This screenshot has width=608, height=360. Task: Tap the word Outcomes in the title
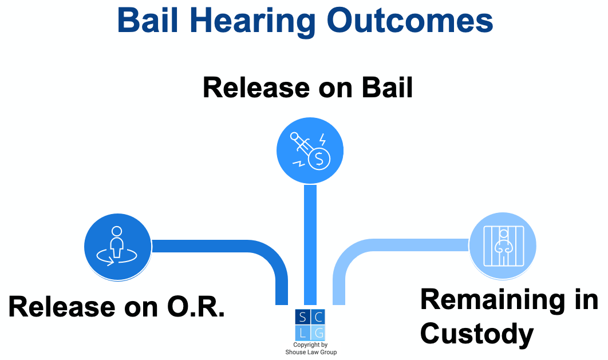pos(410,21)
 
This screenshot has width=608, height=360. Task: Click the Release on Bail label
pos(308,89)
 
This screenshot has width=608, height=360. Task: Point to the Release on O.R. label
pos(117,307)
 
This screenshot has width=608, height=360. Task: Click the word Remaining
pos(509,300)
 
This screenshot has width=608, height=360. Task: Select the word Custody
pos(476,334)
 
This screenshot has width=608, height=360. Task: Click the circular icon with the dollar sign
pos(310,151)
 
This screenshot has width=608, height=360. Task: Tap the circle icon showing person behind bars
pos(503,246)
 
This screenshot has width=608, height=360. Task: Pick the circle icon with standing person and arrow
pos(117,247)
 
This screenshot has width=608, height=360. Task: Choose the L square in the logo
pos(302,333)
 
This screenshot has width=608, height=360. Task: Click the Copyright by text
pos(310,345)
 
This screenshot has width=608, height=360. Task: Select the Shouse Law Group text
pos(311,353)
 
